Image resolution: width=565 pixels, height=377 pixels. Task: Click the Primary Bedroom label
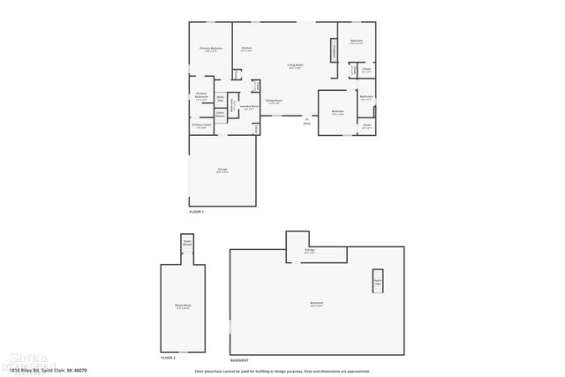click(x=210, y=49)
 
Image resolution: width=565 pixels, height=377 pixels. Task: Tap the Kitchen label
click(x=247, y=49)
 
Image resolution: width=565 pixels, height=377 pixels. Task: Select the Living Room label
click(x=295, y=65)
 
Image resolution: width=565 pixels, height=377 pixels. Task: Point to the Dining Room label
click(x=275, y=102)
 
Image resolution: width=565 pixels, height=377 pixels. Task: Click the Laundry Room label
click(x=249, y=107)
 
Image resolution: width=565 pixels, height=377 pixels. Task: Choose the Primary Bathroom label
click(x=201, y=95)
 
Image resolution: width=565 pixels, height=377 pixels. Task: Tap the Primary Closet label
click(x=201, y=125)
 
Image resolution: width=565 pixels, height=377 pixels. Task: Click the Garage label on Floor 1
click(x=222, y=170)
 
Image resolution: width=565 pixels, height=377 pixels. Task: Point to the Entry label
click(x=306, y=124)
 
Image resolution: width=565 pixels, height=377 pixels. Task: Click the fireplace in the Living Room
click(x=335, y=51)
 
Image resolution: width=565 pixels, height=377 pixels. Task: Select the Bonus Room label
click(x=183, y=306)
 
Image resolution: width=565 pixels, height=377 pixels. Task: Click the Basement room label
click(x=316, y=305)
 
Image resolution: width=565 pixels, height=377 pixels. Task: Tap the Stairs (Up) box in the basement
click(x=377, y=281)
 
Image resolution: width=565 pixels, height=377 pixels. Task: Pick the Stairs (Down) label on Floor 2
click(x=187, y=241)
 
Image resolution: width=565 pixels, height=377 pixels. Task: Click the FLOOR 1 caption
click(x=196, y=212)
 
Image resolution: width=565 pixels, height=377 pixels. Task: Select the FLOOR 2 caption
click(x=169, y=358)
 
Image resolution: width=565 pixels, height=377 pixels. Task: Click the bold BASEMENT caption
click(x=239, y=360)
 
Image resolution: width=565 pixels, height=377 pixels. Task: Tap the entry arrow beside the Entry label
click(x=306, y=117)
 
